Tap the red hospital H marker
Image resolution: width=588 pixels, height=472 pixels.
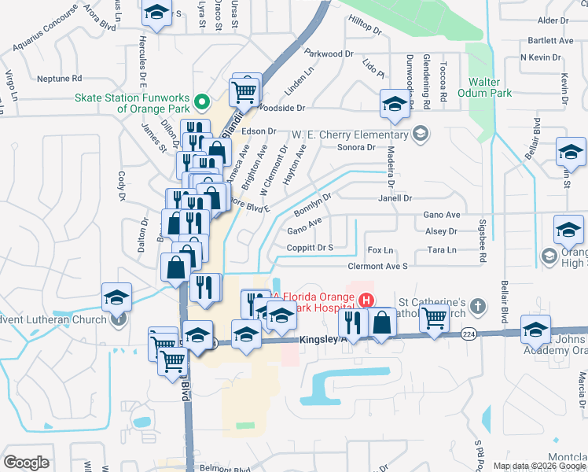pos(366,300)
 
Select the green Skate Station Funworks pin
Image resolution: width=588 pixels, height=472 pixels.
pos(202,101)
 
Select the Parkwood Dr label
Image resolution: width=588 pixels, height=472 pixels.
pos(329,53)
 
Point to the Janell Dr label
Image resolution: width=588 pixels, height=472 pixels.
pos(395,199)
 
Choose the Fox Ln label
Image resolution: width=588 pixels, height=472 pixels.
pos(380,250)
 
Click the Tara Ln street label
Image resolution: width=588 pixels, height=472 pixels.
pos(442,250)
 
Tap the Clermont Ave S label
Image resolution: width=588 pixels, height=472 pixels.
pos(377,267)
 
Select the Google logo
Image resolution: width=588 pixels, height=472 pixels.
pos(27,462)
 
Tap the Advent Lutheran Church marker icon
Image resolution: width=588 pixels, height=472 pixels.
pos(118,319)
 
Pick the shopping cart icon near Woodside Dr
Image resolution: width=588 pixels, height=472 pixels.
pos(244,90)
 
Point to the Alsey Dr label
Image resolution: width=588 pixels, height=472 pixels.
pos(440,231)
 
